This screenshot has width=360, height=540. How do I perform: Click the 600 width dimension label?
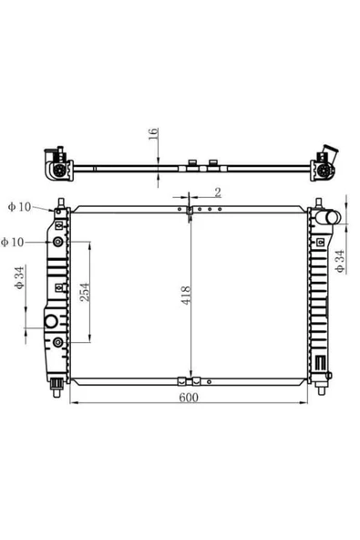click(x=189, y=397)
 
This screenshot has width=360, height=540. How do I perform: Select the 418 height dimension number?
click(x=186, y=296)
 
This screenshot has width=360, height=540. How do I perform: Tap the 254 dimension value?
click(x=85, y=292)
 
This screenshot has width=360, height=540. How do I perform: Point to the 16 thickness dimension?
click(x=153, y=133)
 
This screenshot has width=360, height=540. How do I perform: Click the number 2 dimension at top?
click(x=218, y=192)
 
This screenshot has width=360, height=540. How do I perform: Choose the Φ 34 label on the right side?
click(x=340, y=262)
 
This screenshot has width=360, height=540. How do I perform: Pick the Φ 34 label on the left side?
click(x=19, y=277)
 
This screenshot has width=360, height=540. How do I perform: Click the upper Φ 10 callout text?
click(x=20, y=207)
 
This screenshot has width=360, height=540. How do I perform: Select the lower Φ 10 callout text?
click(x=13, y=242)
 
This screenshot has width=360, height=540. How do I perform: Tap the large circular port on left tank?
click(x=51, y=321)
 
